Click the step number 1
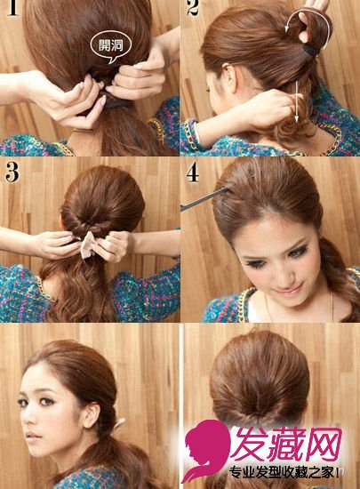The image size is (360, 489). pyautogui.click(x=12, y=7)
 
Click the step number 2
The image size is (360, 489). pyautogui.click(x=193, y=7)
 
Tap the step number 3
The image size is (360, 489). pyautogui.click(x=12, y=172)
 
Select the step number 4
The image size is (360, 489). pyautogui.click(x=193, y=172)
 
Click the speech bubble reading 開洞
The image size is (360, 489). pyautogui.click(x=110, y=47)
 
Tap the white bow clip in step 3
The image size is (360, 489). pyautogui.click(x=89, y=245)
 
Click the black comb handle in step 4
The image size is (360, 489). pyautogui.click(x=204, y=198)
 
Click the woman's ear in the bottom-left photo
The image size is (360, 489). pyautogui.click(x=92, y=416)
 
